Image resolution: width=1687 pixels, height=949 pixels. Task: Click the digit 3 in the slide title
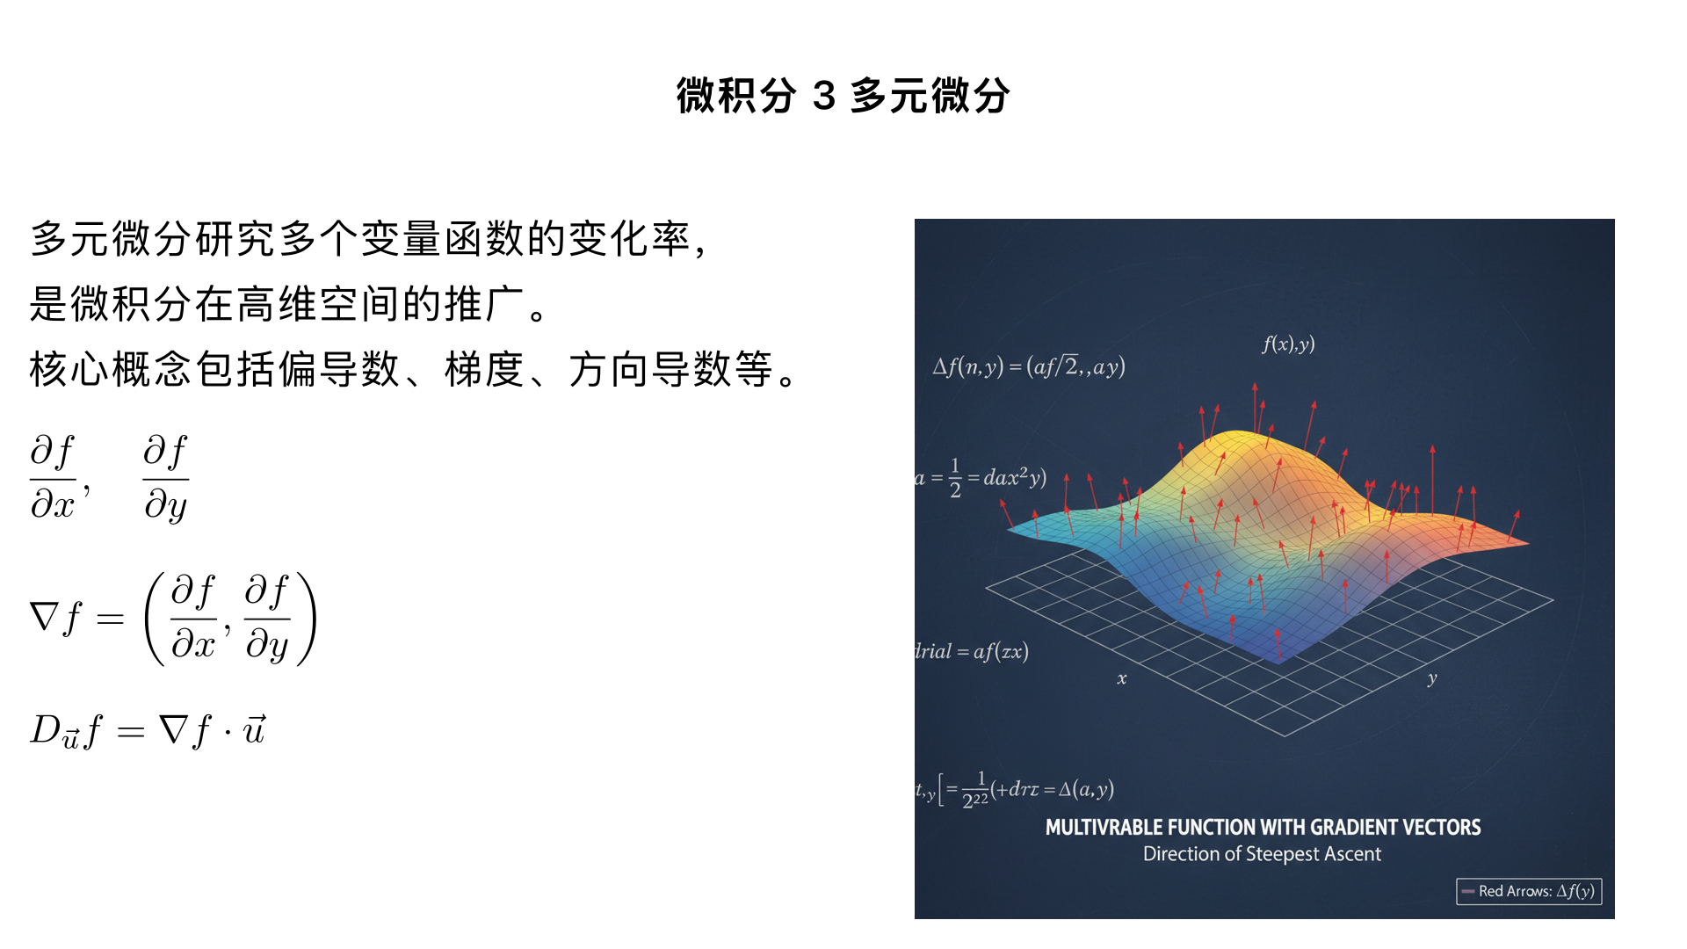[823, 96]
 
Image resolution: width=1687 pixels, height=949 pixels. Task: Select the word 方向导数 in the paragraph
[651, 369]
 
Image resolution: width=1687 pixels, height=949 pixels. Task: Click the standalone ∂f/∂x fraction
[54, 478]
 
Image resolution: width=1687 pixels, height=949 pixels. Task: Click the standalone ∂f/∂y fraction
[166, 478]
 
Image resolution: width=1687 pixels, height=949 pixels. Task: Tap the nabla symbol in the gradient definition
[44, 617]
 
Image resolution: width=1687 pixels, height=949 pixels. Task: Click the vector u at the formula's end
[254, 729]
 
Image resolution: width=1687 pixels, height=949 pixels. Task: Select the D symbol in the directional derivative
[45, 729]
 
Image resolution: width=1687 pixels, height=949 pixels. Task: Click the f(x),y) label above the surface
[1288, 344]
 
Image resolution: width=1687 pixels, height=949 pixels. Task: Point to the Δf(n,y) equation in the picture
[1029, 366]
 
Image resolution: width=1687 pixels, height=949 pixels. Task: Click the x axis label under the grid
[1122, 678]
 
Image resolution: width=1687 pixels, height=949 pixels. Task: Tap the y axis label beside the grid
[1432, 678]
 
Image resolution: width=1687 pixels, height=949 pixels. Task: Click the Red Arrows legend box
[1529, 891]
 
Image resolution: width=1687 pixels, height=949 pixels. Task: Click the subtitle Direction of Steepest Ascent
[1262, 854]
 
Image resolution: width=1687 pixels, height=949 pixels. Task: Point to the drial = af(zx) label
[972, 651]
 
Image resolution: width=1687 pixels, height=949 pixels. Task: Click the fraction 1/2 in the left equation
[955, 478]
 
